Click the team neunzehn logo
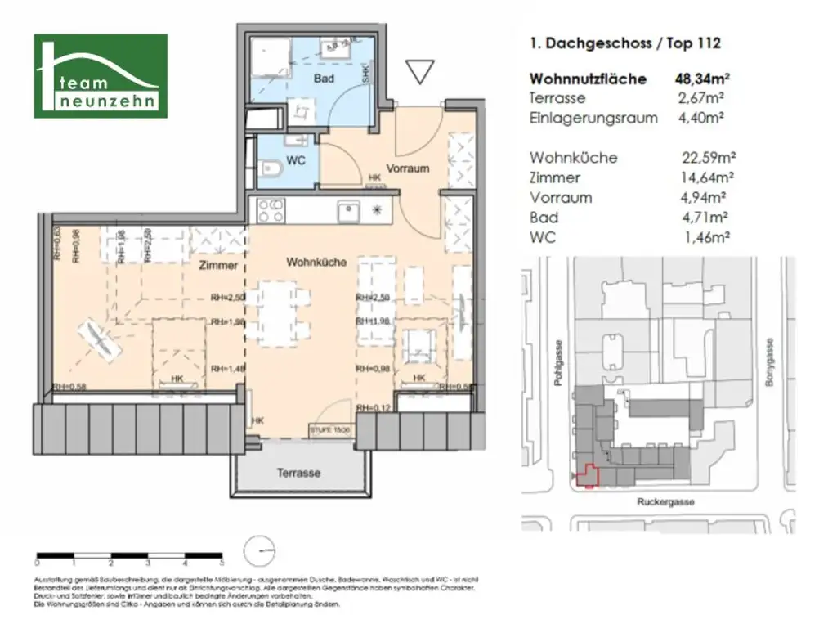point(101,75)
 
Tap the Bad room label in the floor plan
point(324,79)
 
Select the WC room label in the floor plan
point(296,160)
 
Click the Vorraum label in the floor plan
point(408,168)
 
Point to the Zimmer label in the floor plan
point(217,265)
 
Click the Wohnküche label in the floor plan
point(316,263)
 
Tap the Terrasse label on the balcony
point(298,473)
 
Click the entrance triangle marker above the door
point(419,73)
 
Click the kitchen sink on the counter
point(349,211)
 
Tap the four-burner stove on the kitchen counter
point(271,210)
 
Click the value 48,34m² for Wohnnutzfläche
point(702,79)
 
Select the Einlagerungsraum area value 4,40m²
point(703,118)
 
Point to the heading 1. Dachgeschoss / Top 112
point(625,44)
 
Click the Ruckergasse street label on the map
point(665,502)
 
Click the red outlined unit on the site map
point(587,475)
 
